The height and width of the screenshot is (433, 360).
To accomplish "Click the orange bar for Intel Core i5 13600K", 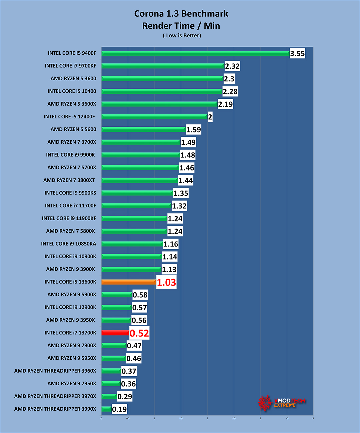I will click(x=129, y=282).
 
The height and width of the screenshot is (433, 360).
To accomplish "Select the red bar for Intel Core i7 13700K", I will click(x=115, y=333).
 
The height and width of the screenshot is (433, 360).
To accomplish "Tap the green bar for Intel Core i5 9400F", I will click(x=195, y=53).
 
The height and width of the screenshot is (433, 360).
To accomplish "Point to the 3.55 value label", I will click(x=297, y=53).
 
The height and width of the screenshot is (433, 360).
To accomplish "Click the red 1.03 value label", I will click(x=166, y=283).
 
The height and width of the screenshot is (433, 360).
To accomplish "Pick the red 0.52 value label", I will click(x=139, y=333).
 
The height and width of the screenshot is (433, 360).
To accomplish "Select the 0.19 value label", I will click(x=119, y=409).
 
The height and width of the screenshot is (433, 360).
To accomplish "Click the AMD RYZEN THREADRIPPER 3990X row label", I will click(x=55, y=409).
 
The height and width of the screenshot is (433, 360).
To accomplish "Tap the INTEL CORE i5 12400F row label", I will click(x=69, y=117).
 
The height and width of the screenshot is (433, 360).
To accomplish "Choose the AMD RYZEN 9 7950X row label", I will click(x=72, y=384).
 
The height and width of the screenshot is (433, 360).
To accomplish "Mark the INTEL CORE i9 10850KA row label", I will click(x=68, y=244).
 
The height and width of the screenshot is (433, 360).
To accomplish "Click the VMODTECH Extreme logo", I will click(x=282, y=403).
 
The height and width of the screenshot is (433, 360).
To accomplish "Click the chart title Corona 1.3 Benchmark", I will click(x=181, y=14).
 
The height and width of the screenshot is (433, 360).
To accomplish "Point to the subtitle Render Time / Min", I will click(x=181, y=26).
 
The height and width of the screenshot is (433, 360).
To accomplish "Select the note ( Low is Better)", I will click(x=182, y=36).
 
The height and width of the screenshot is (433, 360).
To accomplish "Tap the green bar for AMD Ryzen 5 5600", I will click(x=143, y=129).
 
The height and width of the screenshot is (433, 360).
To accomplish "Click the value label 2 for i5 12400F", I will click(x=210, y=117).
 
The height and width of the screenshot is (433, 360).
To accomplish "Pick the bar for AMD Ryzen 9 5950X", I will click(x=114, y=358).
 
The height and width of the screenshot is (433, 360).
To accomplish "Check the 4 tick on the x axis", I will click(x=313, y=418).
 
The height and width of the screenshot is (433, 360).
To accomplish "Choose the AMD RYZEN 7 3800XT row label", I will click(x=69, y=180).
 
